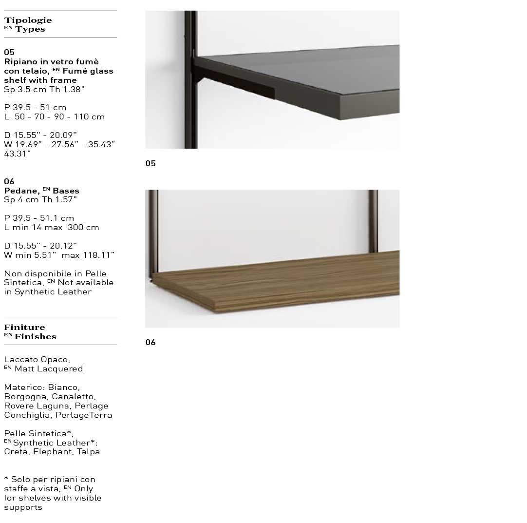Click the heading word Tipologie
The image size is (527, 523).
(x=28, y=20)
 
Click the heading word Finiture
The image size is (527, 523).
(x=24, y=327)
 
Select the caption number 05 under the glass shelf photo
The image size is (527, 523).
(x=151, y=163)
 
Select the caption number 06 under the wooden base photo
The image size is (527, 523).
(x=151, y=342)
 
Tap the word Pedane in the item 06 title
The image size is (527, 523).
(x=21, y=191)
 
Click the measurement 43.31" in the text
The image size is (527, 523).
(x=18, y=154)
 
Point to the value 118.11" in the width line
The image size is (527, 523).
(x=98, y=255)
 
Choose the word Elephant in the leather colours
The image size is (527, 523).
(x=52, y=451)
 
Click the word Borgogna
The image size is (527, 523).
(x=25, y=396)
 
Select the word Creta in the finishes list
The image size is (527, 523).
(x=16, y=451)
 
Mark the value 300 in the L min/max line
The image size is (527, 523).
(x=75, y=227)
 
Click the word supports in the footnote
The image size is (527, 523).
(x=23, y=507)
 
